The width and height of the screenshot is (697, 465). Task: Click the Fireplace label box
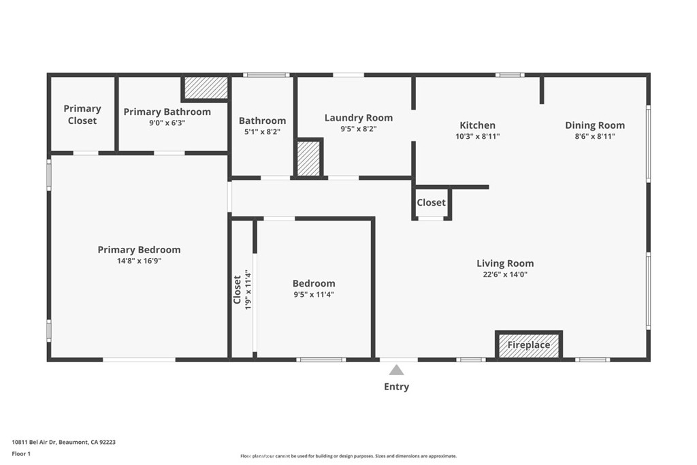click(x=529, y=345)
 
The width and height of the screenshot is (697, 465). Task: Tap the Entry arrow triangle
click(x=396, y=370)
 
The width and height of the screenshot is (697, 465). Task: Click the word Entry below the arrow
click(x=396, y=387)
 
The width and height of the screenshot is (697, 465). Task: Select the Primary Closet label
click(x=82, y=114)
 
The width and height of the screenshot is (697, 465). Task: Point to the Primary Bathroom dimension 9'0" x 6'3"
click(x=167, y=123)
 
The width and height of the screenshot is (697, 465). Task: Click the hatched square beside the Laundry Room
click(x=308, y=159)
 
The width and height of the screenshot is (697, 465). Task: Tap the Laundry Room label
click(x=358, y=118)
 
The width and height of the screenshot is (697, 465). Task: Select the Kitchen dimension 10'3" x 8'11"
click(x=477, y=136)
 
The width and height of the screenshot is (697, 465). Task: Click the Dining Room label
click(x=594, y=125)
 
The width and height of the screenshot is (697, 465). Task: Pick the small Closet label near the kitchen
click(x=431, y=203)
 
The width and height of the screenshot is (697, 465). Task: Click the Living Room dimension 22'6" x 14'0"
click(x=504, y=275)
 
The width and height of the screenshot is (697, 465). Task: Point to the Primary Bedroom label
click(x=139, y=250)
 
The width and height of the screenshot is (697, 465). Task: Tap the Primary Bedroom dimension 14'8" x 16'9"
click(x=139, y=261)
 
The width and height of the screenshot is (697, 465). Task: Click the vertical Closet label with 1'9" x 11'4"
click(x=242, y=289)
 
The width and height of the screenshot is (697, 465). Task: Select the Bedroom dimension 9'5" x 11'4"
click(x=313, y=295)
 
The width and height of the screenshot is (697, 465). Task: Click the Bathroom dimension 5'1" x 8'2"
click(x=262, y=131)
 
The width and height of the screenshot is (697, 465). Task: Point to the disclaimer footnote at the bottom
click(x=348, y=456)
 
